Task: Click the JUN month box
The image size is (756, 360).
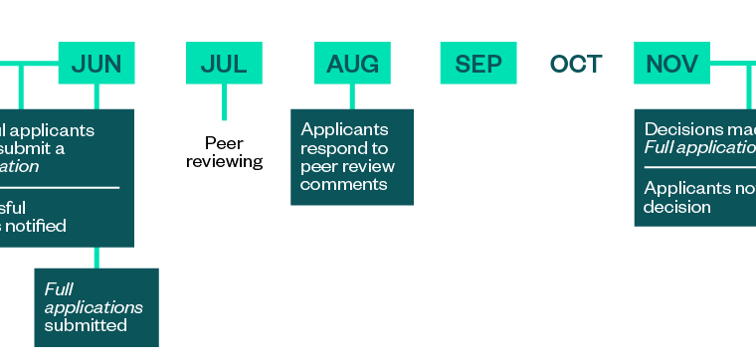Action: [96, 65]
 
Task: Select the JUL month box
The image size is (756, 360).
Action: [224, 65]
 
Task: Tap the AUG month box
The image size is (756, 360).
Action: [352, 65]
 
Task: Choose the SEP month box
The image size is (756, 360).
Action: [478, 65]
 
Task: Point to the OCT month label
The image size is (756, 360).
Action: [576, 65]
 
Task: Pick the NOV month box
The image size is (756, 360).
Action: [671, 65]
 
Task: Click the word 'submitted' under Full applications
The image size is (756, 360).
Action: [86, 325]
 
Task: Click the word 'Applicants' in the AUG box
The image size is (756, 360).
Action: [344, 129]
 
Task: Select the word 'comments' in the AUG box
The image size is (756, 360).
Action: [343, 184]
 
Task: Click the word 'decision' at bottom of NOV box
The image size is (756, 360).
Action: [676, 207]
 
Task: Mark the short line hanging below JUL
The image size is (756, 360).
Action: [224, 102]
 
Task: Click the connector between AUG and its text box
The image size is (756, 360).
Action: [352, 96]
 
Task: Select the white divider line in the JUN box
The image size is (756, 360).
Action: [60, 187]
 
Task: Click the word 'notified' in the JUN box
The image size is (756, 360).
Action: [38, 226]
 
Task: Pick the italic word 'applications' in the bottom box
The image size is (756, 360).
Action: [94, 307]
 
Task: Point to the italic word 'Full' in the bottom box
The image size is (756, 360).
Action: [60, 289]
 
